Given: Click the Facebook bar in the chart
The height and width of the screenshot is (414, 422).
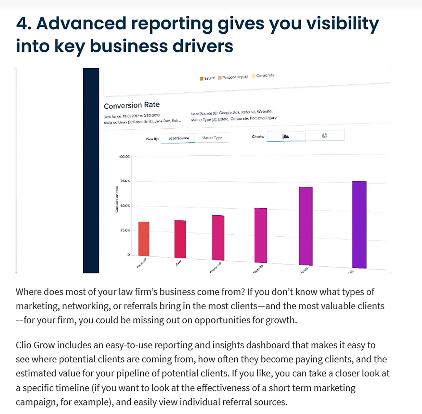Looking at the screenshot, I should pyautogui.click(x=144, y=239).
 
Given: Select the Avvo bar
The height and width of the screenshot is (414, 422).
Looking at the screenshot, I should pyautogui.click(x=180, y=239).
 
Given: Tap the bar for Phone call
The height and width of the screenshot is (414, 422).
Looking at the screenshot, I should pyautogui.click(x=218, y=238).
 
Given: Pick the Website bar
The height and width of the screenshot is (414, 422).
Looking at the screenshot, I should pyautogui.click(x=261, y=235).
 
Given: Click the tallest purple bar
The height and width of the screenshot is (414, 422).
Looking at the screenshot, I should pyautogui.click(x=359, y=225).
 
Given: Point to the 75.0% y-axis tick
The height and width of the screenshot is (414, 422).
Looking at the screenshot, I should pyautogui.click(x=125, y=181).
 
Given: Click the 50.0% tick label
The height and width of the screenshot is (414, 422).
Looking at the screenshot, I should pyautogui.click(x=125, y=206).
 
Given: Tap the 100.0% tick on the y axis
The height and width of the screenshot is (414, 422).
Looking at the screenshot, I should pyautogui.click(x=124, y=156).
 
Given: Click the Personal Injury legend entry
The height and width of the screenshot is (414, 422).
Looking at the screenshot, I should pyautogui.click(x=234, y=77).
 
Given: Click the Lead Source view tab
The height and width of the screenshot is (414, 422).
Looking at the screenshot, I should pyautogui.click(x=178, y=138).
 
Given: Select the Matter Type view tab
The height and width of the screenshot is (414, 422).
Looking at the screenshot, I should pyautogui.click(x=212, y=138).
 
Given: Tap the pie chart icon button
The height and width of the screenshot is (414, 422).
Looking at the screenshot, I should pyautogui.click(x=324, y=136).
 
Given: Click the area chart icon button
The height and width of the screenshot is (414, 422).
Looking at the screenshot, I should pyautogui.click(x=286, y=136).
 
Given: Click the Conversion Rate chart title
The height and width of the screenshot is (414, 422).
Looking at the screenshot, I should pyautogui.click(x=132, y=105).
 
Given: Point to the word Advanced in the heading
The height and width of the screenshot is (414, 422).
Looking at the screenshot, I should pyautogui.click(x=81, y=23).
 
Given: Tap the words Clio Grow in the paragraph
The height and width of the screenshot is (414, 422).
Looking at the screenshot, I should pyautogui.click(x=35, y=345).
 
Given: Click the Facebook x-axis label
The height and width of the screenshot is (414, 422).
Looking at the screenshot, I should pyautogui.click(x=142, y=263).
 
